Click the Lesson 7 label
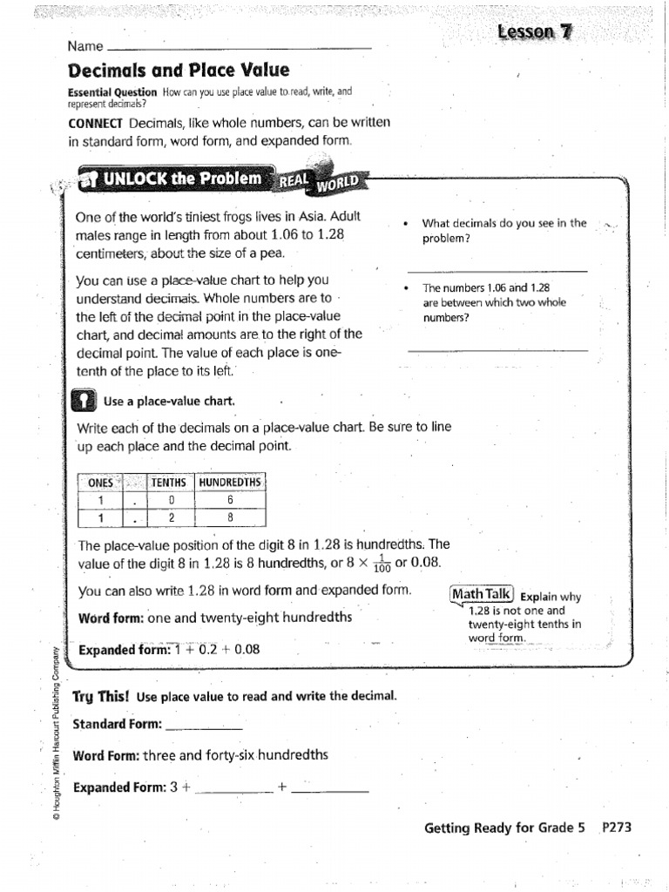535,32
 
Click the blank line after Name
238,47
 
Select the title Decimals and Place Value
179,71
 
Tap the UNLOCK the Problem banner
181,179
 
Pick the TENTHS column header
169,483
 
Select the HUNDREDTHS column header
230,483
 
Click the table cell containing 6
230,501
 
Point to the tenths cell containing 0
172,501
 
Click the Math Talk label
482,594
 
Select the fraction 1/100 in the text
382,565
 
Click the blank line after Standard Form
204,726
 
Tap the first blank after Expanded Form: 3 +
235,788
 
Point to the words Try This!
100,696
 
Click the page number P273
616,828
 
